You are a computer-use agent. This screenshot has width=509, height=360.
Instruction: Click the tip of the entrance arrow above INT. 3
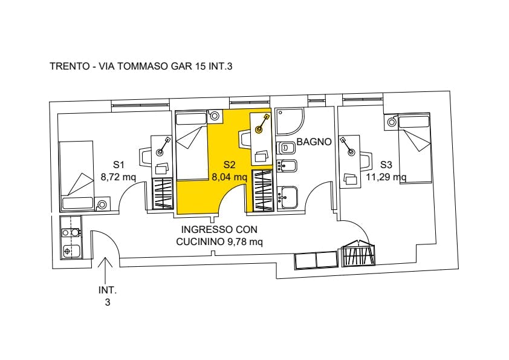(x=105, y=258)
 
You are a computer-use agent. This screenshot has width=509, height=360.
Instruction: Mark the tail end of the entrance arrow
(x=105, y=283)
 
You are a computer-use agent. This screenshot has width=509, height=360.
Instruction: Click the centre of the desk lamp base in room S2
(x=259, y=130)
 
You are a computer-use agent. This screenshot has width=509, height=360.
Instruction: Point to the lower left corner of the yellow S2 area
(x=177, y=215)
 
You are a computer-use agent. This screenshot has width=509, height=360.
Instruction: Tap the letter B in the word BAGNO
(x=300, y=142)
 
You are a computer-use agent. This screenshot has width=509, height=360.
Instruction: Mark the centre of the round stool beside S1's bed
(x=102, y=205)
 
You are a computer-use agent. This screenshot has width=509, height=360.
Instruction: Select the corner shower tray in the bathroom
(x=290, y=122)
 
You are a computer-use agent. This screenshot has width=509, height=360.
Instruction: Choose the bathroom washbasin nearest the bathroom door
(x=289, y=197)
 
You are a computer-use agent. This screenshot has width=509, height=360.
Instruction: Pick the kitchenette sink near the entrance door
(x=71, y=251)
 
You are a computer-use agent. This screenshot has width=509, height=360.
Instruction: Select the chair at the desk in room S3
(x=366, y=160)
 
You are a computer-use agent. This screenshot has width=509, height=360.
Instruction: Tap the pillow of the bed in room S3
(x=414, y=122)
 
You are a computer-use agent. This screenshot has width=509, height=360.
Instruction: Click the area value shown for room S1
(x=118, y=177)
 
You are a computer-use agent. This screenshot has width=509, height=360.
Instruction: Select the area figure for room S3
(x=386, y=177)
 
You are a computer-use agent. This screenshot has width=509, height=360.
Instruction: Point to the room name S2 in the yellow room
(x=229, y=165)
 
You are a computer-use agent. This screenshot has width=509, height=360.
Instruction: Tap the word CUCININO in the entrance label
(x=199, y=242)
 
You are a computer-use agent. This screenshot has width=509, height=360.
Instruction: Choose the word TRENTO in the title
(x=70, y=67)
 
